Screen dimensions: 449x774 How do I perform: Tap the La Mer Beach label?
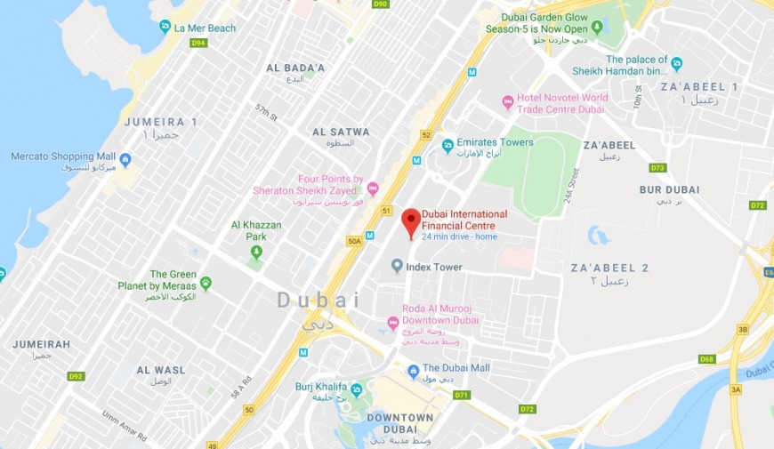[205, 28]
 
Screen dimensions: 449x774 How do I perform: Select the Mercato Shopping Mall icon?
[125, 160]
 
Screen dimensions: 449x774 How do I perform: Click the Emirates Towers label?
[495, 142]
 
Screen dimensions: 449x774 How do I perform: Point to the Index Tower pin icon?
[397, 267]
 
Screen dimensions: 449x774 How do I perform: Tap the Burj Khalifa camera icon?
[357, 390]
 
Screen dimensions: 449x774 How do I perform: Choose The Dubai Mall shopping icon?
[413, 371]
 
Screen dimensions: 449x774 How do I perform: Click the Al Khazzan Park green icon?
[256, 252]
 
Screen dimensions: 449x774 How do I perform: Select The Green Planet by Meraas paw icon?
[206, 284]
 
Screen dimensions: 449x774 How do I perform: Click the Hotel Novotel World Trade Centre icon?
[508, 103]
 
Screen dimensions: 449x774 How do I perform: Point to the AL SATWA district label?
[341, 132]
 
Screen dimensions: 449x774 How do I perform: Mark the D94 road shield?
[198, 43]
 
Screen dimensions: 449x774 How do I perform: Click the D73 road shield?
[657, 167]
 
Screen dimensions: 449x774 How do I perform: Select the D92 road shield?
[77, 376]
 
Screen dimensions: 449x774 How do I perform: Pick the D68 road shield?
[706, 359]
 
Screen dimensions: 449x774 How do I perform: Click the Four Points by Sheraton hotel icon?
[373, 188]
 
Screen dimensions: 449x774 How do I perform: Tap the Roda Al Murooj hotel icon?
[393, 323]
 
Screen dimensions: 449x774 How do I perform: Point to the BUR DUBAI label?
[669, 189]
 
